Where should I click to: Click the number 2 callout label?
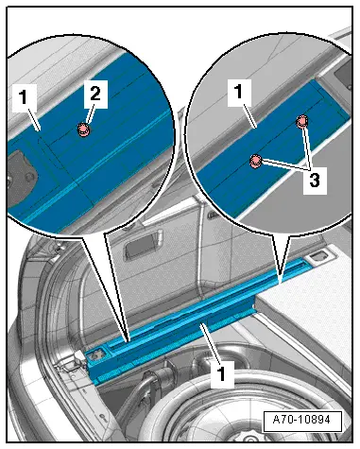95,94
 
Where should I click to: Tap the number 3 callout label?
315,181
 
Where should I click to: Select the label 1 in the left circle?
24,97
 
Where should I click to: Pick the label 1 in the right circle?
239,92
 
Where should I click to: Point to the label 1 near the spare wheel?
222,374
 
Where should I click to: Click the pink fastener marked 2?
84,130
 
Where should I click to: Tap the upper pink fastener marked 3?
301,121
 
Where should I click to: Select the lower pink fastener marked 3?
255,161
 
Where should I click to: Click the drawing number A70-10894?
302,421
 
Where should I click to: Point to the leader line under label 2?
89,116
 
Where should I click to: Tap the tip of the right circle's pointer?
280,282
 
